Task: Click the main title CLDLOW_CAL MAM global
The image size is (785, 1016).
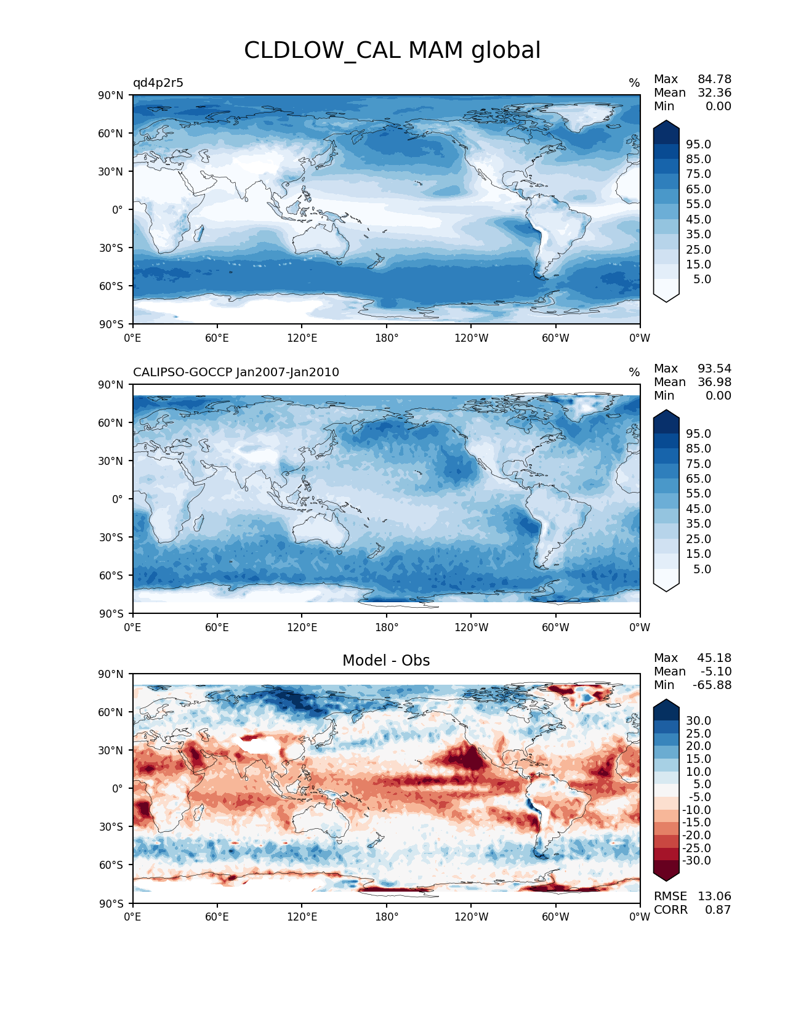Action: (x=392, y=50)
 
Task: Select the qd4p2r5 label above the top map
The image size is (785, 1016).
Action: (x=158, y=83)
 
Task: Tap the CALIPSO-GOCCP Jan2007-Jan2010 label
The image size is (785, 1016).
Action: (x=236, y=373)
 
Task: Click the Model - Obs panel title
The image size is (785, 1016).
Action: (x=386, y=661)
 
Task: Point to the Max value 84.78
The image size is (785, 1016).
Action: (x=714, y=79)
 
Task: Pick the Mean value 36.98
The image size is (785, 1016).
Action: (x=714, y=382)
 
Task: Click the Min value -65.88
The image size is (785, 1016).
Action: (x=712, y=685)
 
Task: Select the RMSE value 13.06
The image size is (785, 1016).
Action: (x=714, y=897)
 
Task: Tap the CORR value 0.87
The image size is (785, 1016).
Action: (x=718, y=910)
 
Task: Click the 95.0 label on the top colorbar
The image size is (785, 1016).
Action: (x=698, y=145)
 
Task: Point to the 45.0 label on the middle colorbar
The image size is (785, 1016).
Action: (x=698, y=509)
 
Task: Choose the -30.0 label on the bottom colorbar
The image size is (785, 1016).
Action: (x=696, y=861)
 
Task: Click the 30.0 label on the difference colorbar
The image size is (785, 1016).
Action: (x=698, y=721)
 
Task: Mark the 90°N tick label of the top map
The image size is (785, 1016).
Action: (x=111, y=95)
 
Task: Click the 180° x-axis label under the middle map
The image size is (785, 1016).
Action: (x=387, y=627)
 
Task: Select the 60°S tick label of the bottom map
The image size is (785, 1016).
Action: (x=111, y=865)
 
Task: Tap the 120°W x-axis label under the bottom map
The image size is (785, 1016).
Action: (x=471, y=917)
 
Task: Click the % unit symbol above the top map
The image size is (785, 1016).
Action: (x=634, y=83)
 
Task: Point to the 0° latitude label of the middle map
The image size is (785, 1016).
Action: (x=118, y=499)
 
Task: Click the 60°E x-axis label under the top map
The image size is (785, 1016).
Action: (x=217, y=338)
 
